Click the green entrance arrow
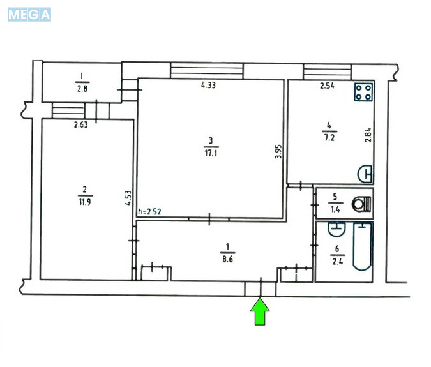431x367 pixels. (260, 311)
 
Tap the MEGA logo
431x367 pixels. (29, 15)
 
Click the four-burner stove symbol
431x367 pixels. (363, 93)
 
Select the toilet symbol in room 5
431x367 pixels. (361, 204)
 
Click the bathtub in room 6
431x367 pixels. (362, 246)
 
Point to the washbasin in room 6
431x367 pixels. (336, 229)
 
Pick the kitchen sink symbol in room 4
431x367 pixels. (365, 174)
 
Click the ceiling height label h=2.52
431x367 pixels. (149, 211)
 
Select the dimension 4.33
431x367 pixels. (208, 85)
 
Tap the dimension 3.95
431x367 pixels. (278, 151)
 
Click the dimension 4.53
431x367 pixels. (128, 198)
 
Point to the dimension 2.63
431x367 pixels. (81, 124)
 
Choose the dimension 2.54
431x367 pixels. (327, 86)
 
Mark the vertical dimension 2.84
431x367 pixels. (368, 135)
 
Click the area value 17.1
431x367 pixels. (211, 153)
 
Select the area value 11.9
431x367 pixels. (85, 202)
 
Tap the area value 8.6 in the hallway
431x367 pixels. (227, 259)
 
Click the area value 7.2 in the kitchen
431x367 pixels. (329, 137)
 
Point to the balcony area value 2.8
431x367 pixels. (82, 89)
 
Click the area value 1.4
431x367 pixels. (335, 209)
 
